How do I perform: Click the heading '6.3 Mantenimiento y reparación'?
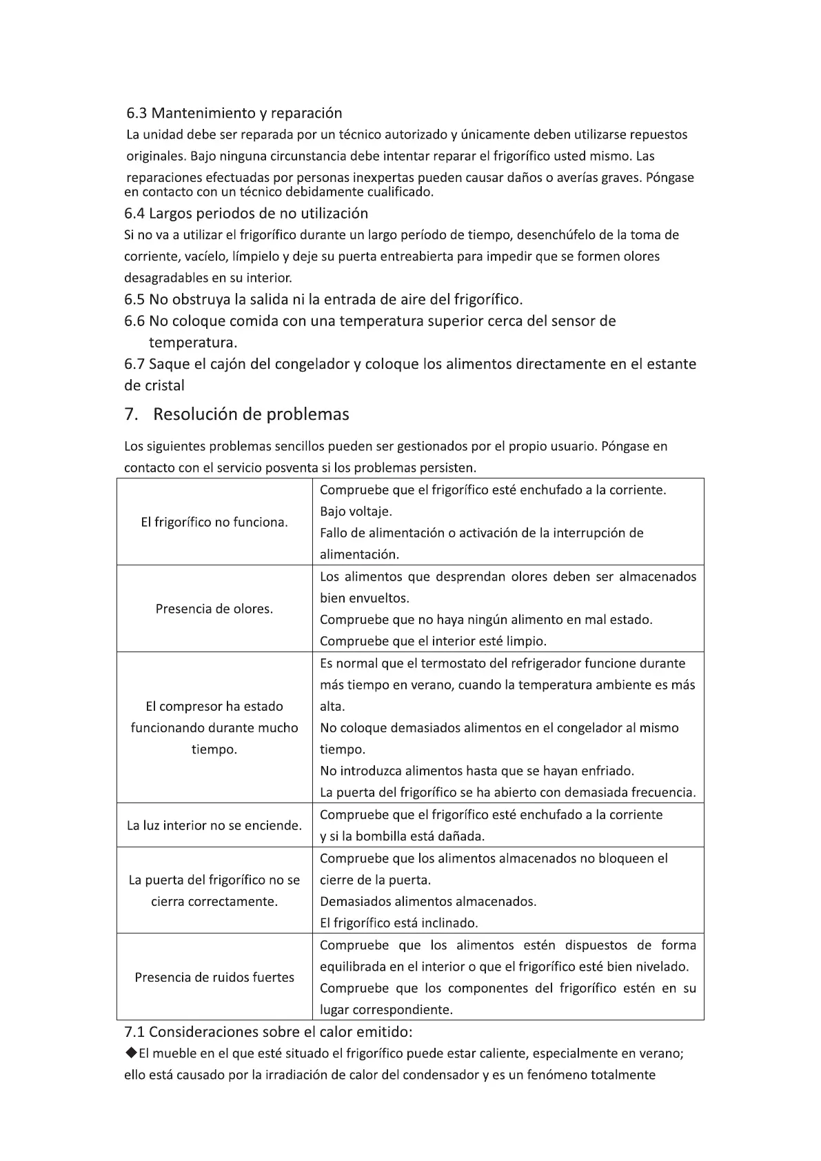pos(234,112)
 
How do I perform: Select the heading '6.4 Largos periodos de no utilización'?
pos(246,213)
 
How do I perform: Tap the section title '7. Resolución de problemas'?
pos(236,414)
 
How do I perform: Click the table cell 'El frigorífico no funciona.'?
pos(214,522)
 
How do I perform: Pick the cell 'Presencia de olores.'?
pos(214,609)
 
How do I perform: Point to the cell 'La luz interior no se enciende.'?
pos(214,825)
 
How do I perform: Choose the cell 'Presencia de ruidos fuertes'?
pos(214,977)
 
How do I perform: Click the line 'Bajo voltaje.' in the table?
pos(356,512)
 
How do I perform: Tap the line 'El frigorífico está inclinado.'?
pos(398,922)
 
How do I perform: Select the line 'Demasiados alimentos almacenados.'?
pos(427,901)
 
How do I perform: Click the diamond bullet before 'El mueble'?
pos(131,1053)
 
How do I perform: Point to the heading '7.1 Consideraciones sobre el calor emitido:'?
pos(268,1032)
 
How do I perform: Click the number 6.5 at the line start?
pos(134,299)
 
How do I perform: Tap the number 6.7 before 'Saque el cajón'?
pos(134,364)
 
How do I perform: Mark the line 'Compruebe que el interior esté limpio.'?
pos(433,641)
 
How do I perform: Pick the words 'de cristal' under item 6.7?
pos(154,385)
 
